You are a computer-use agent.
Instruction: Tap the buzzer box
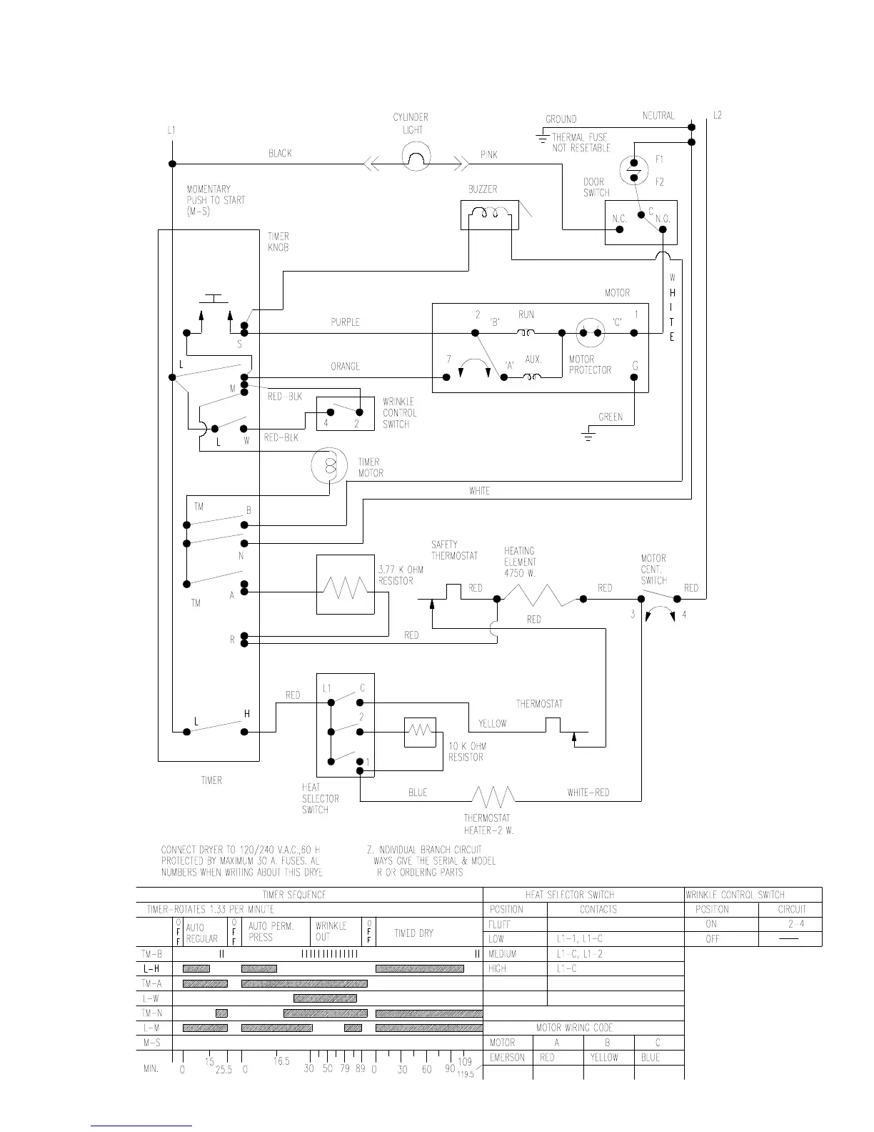pyautogui.click(x=489, y=214)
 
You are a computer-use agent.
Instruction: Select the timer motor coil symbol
pyautogui.click(x=329, y=466)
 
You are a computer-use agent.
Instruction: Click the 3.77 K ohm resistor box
pyautogui.click(x=346, y=585)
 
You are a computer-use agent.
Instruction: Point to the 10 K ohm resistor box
pyautogui.click(x=420, y=732)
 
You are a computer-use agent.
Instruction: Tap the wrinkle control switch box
pyautogui.click(x=346, y=413)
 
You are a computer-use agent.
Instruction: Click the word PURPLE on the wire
pyautogui.click(x=345, y=322)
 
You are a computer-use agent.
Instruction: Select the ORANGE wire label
pyautogui.click(x=346, y=367)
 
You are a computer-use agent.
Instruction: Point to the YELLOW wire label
pyautogui.click(x=492, y=724)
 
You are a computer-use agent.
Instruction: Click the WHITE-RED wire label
pyautogui.click(x=588, y=793)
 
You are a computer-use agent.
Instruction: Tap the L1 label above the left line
pyautogui.click(x=171, y=130)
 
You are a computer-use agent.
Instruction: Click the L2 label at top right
pyautogui.click(x=717, y=115)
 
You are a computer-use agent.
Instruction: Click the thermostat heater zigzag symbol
pyautogui.click(x=492, y=795)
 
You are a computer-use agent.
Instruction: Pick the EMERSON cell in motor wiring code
pyautogui.click(x=508, y=1058)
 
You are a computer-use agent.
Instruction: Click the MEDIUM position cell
pyautogui.click(x=503, y=954)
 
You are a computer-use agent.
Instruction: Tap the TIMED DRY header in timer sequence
pyautogui.click(x=414, y=933)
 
